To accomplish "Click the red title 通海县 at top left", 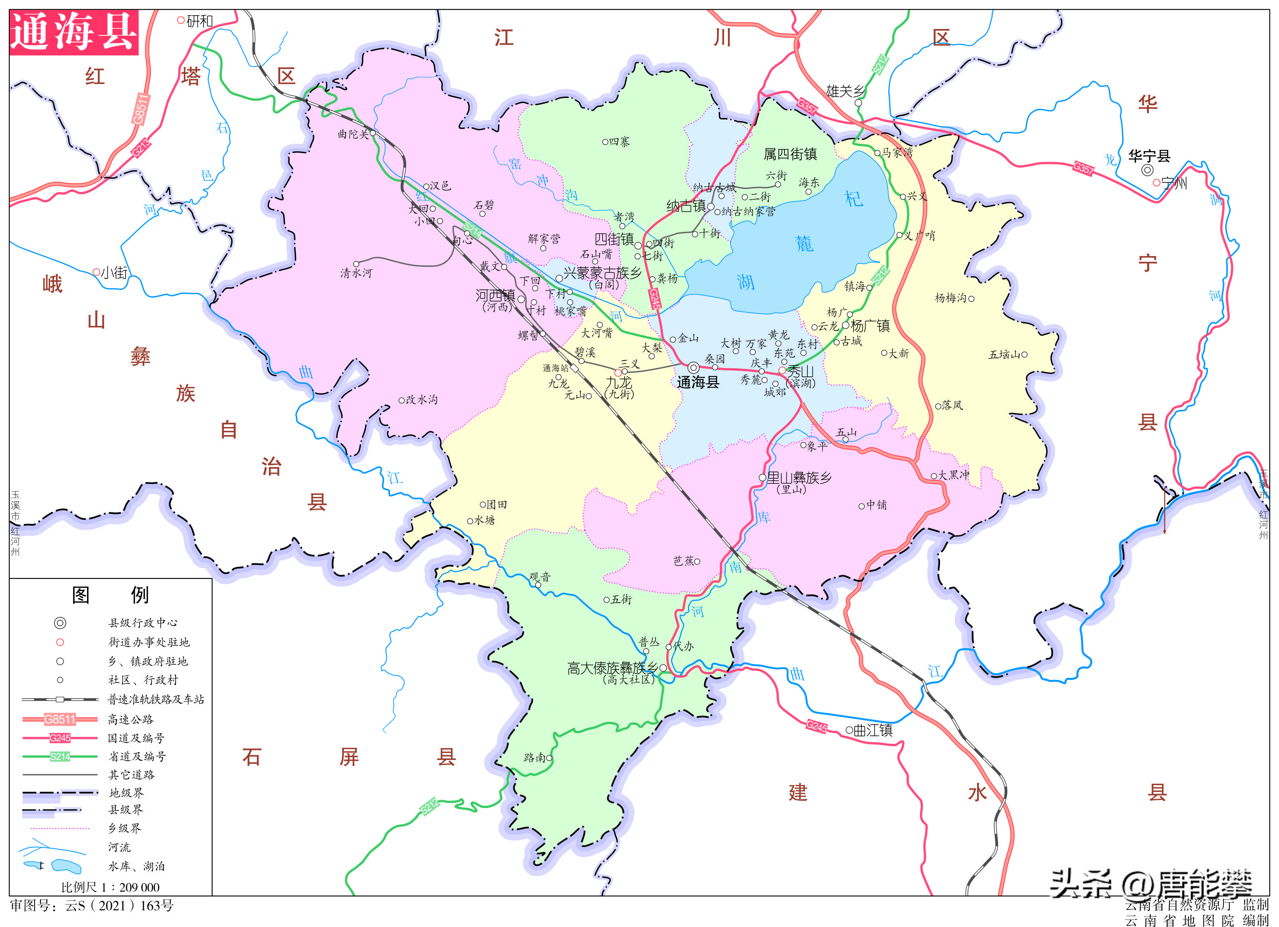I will pyautogui.click(x=74, y=32).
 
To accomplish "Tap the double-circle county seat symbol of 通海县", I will pyautogui.click(x=694, y=368).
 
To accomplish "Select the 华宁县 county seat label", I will pyautogui.click(x=1149, y=156).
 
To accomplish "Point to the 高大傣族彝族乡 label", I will pyautogui.click(x=612, y=668).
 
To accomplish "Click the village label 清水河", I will pyautogui.click(x=356, y=273).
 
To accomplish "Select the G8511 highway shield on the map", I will pyautogui.click(x=141, y=109).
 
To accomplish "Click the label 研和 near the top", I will pyautogui.click(x=200, y=21).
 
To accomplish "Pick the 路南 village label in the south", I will pyautogui.click(x=534, y=757).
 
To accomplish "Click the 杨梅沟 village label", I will pyautogui.click(x=950, y=298).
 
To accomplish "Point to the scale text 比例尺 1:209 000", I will pyautogui.click(x=110, y=887).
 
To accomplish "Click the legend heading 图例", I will pyautogui.click(x=110, y=594).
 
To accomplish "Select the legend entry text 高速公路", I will pyautogui.click(x=131, y=719).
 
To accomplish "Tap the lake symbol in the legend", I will pyautogui.click(x=66, y=866).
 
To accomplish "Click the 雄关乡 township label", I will pyautogui.click(x=845, y=91).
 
